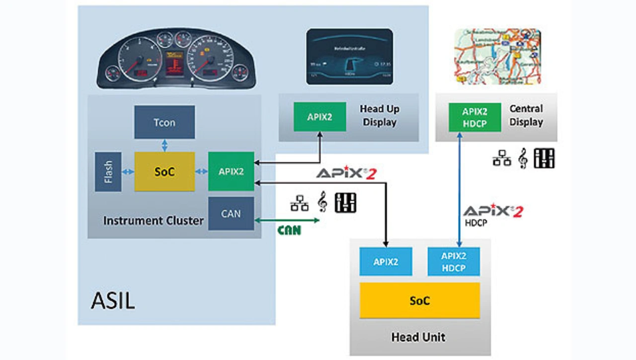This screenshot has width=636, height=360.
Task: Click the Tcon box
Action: (164, 122)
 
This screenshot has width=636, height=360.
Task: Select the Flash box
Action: (108, 172)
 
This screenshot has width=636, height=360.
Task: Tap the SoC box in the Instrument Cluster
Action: (164, 171)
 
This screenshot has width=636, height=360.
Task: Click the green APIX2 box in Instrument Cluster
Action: (231, 171)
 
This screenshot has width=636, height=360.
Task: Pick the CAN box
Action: (231, 214)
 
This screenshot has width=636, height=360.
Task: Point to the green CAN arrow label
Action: (289, 230)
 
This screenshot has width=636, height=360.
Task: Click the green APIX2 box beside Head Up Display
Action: (319, 117)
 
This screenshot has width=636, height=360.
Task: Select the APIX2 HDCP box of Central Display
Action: (475, 117)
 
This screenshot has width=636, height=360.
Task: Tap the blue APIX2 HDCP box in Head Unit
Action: (454, 261)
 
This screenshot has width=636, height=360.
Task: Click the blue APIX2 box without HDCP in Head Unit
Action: (386, 261)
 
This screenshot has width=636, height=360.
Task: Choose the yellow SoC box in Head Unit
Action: (419, 300)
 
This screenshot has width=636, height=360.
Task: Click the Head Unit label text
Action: (418, 337)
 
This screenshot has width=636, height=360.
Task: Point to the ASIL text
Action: (113, 300)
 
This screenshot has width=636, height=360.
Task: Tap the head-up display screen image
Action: (349, 56)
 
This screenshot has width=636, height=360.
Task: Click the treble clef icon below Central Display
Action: (522, 158)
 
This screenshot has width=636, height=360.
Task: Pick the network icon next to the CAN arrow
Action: (299, 203)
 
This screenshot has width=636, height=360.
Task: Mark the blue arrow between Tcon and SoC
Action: (164, 145)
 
